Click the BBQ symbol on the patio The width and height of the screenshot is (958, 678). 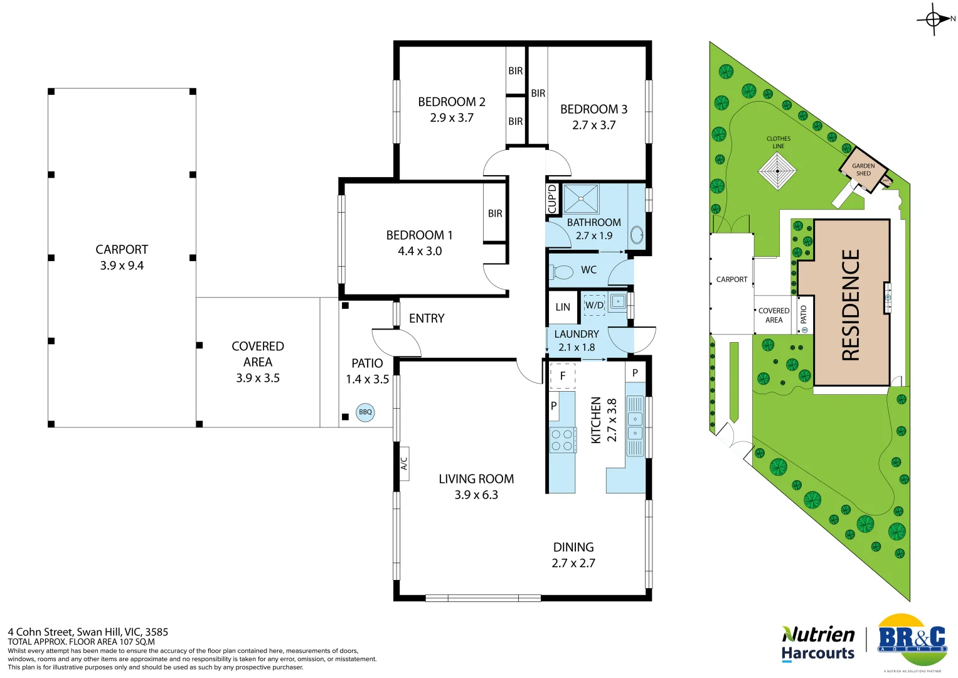pyautogui.click(x=365, y=412)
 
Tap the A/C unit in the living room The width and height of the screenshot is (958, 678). pyautogui.click(x=404, y=463)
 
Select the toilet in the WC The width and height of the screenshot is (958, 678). pyautogui.click(x=562, y=272)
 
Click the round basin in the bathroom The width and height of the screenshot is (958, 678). pyautogui.click(x=636, y=235)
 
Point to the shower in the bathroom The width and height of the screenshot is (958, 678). pyautogui.click(x=581, y=199)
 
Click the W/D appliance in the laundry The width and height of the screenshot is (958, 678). pyautogui.click(x=594, y=305)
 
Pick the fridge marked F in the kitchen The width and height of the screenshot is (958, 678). pyautogui.click(x=563, y=376)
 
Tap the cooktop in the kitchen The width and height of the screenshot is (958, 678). pyautogui.click(x=562, y=439)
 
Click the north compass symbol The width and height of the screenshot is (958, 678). pyautogui.click(x=934, y=19)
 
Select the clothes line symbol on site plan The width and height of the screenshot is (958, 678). pyautogui.click(x=777, y=170)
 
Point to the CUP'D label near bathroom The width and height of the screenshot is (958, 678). pyautogui.click(x=552, y=199)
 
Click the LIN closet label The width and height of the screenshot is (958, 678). pyautogui.click(x=563, y=307)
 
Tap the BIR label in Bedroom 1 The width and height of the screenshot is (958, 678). pyautogui.click(x=495, y=213)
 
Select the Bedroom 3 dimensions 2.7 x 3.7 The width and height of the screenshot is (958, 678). pyautogui.click(x=593, y=125)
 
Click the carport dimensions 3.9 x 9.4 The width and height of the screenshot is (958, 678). pyautogui.click(x=122, y=266)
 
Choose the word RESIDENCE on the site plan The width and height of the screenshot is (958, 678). pyautogui.click(x=851, y=304)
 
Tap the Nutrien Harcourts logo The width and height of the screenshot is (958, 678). pyautogui.click(x=818, y=643)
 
